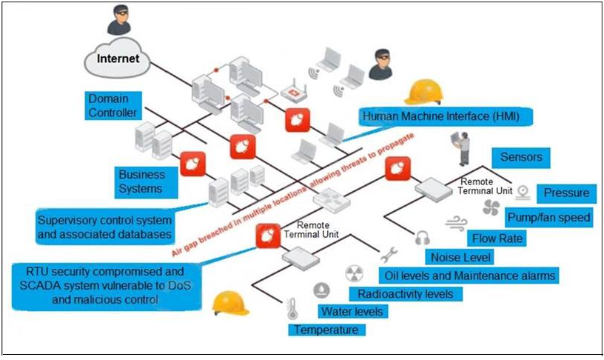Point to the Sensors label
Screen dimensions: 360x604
pos(521,157)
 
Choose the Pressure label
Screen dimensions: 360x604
pos(566,193)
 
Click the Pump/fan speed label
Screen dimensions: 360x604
pos(548,217)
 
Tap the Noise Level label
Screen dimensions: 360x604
pos(458,257)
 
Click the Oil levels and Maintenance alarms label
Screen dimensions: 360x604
pos(469,276)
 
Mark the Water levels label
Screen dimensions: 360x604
pos(351,312)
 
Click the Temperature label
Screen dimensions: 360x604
pos(326,330)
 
